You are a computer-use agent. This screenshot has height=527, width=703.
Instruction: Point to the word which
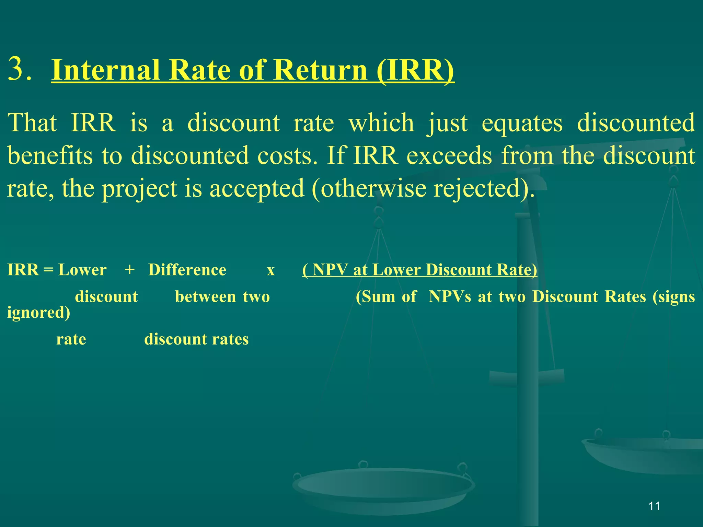pos(381,122)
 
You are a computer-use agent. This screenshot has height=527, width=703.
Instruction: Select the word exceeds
pos(449,155)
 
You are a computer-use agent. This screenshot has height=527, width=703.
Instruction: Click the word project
pos(139,189)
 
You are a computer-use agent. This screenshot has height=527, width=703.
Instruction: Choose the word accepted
pos(257,189)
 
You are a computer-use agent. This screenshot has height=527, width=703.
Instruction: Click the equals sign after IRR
pos(49,270)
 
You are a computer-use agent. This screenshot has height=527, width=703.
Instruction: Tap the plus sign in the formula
pos(129,270)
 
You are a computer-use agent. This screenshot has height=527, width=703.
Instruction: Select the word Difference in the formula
pos(187,270)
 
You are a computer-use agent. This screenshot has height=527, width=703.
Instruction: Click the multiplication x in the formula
pos(271,270)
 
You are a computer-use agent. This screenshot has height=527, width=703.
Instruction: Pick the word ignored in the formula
pos(38,312)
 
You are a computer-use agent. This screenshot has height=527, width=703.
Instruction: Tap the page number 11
pos(654,506)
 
